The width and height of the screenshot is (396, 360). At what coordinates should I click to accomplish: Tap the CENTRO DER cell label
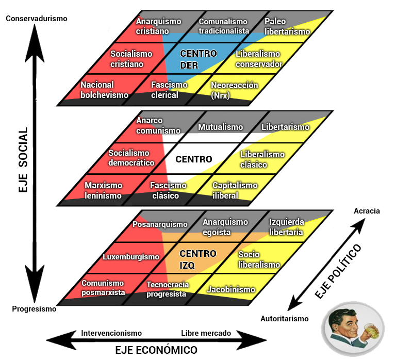pyautogui.click(x=198, y=59)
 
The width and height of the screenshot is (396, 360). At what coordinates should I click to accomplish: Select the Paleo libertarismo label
pyautogui.click(x=287, y=26)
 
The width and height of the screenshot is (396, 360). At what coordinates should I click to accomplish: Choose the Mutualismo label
pyautogui.click(x=220, y=127)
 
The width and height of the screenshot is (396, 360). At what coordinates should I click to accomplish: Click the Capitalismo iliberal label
pyautogui.click(x=235, y=190)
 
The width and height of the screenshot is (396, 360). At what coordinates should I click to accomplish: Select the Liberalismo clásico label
pyautogui.click(x=262, y=159)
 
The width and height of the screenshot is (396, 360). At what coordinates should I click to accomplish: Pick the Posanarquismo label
pyautogui.click(x=160, y=224)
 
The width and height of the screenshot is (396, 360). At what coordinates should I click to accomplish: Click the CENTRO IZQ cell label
pyautogui.click(x=197, y=259)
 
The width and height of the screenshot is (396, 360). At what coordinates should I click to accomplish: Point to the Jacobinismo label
pyautogui.click(x=231, y=289)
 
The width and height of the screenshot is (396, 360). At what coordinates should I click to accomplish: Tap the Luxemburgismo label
pyautogui.click(x=131, y=256)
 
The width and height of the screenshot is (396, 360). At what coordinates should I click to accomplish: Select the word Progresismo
pyautogui.click(x=34, y=309)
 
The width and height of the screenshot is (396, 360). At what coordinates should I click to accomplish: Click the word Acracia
pyautogui.click(x=367, y=210)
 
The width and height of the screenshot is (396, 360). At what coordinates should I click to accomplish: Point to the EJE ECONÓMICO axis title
pyautogui.click(x=156, y=350)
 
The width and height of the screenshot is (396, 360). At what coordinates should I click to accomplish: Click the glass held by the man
pyautogui.click(x=371, y=331)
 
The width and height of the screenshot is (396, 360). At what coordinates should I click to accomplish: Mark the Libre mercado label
pyautogui.click(x=206, y=333)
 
